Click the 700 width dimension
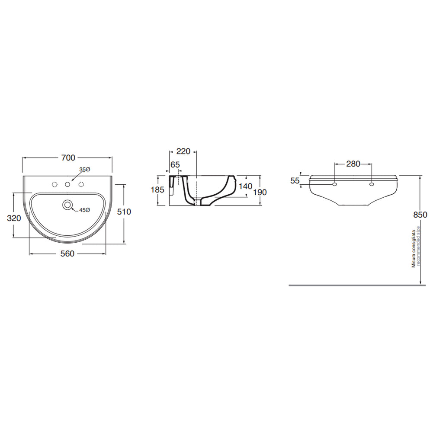point(68,158)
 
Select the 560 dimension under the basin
point(67,254)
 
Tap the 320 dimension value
point(14,218)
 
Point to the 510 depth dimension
point(124,212)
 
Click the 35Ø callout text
point(84,170)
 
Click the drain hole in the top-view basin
point(67,204)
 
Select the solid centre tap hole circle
point(67,185)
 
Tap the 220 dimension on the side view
point(183,151)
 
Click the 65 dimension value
point(175,164)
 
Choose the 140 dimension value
point(245,186)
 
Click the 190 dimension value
point(260,192)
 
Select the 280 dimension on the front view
point(353,164)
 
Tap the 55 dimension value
point(295,181)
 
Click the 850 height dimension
point(420,215)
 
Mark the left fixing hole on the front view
point(334,185)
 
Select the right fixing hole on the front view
point(372,185)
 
